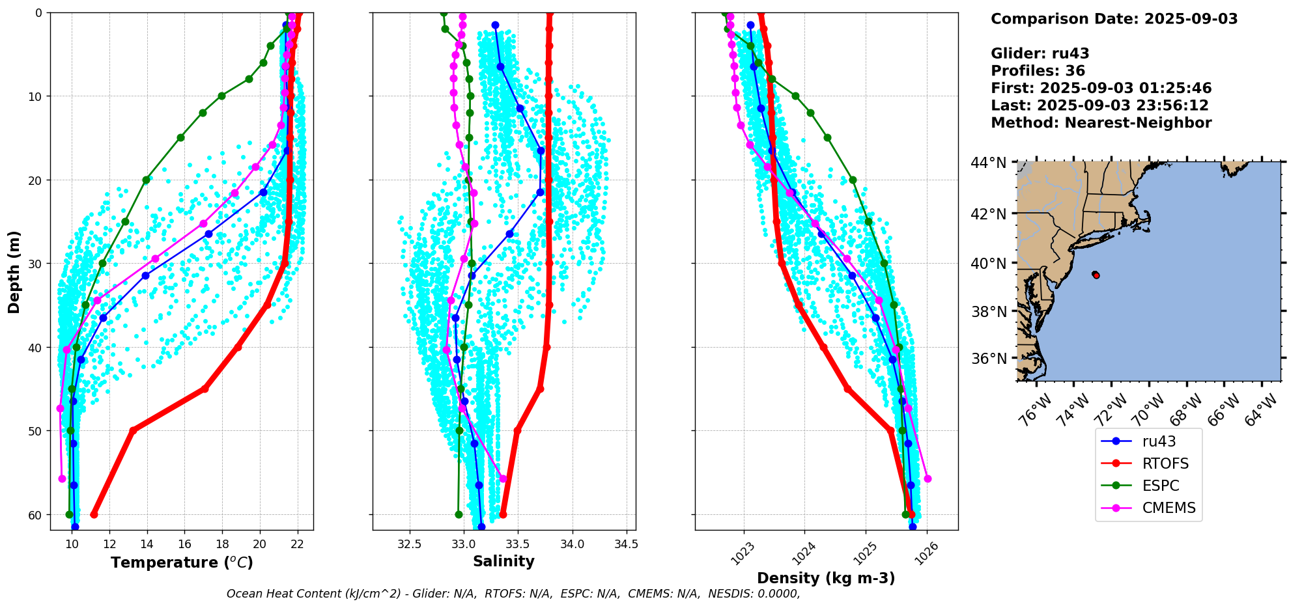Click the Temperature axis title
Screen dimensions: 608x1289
tap(182, 562)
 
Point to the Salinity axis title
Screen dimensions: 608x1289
tap(503, 561)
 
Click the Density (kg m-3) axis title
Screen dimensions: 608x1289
tap(825, 578)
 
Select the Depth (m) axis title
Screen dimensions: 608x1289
tap(14, 271)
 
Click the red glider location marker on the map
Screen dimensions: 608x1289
tap(1096, 275)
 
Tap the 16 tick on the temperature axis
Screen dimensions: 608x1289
tap(184, 544)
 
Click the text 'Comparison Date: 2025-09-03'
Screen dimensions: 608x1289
tap(1114, 19)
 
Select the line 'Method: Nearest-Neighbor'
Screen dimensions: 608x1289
tap(1101, 123)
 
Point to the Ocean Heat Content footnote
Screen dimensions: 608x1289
tap(513, 594)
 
